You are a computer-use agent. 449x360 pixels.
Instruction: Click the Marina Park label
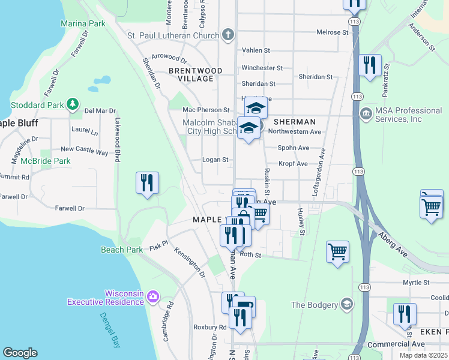point(83,23)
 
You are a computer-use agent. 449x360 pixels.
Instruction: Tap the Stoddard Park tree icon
point(72,104)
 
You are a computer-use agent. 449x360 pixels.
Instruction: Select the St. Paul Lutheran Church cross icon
point(228,35)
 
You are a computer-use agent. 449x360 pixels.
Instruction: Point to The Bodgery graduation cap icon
point(346,304)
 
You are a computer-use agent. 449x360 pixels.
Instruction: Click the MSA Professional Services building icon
point(366,114)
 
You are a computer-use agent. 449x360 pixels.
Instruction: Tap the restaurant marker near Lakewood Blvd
point(147,183)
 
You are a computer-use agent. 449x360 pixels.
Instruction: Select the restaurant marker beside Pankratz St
point(370,64)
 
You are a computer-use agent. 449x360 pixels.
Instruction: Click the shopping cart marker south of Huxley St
point(337,251)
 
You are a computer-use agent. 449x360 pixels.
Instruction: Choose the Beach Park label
point(122,250)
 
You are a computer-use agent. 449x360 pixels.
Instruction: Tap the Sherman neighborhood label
point(294,122)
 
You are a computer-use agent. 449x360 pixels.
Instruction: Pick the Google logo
point(20,352)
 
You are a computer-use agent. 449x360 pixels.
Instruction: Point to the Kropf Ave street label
point(293,163)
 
